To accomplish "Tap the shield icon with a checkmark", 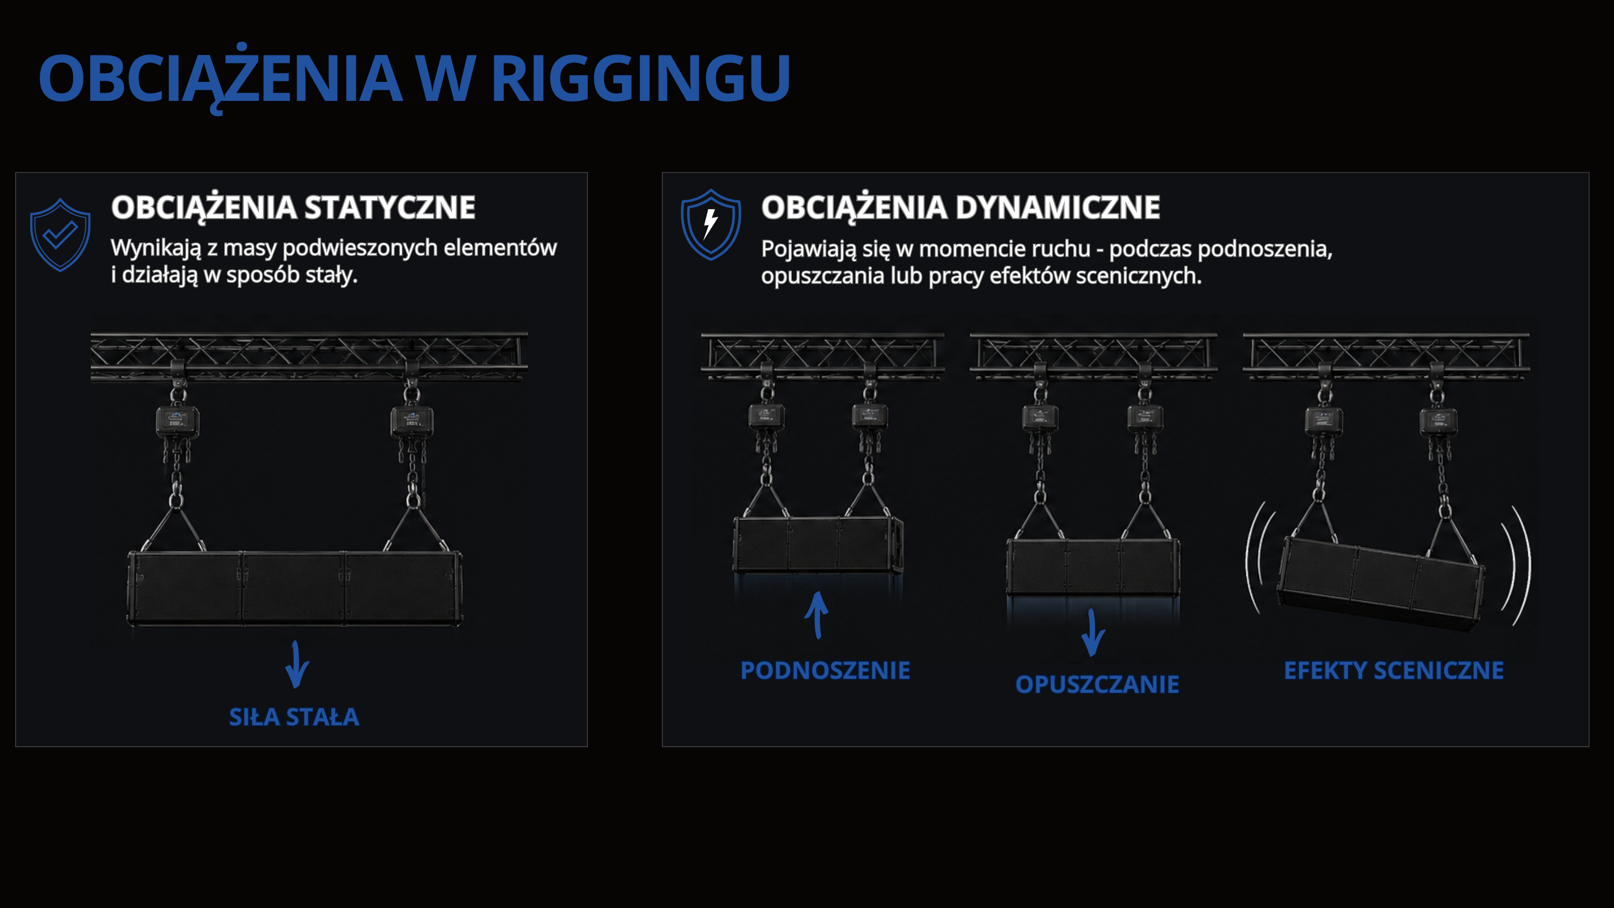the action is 60,235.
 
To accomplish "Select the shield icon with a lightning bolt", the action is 711,224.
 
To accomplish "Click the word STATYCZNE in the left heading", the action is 389,207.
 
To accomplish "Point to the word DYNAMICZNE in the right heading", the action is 1058,207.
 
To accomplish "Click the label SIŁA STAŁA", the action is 294,717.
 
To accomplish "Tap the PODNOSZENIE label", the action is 825,670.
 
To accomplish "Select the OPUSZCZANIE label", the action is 1097,684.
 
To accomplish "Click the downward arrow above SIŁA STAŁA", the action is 296,664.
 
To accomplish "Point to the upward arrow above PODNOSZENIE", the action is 817,615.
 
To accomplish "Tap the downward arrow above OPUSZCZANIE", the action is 1093,633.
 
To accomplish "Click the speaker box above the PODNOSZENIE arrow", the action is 818,544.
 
